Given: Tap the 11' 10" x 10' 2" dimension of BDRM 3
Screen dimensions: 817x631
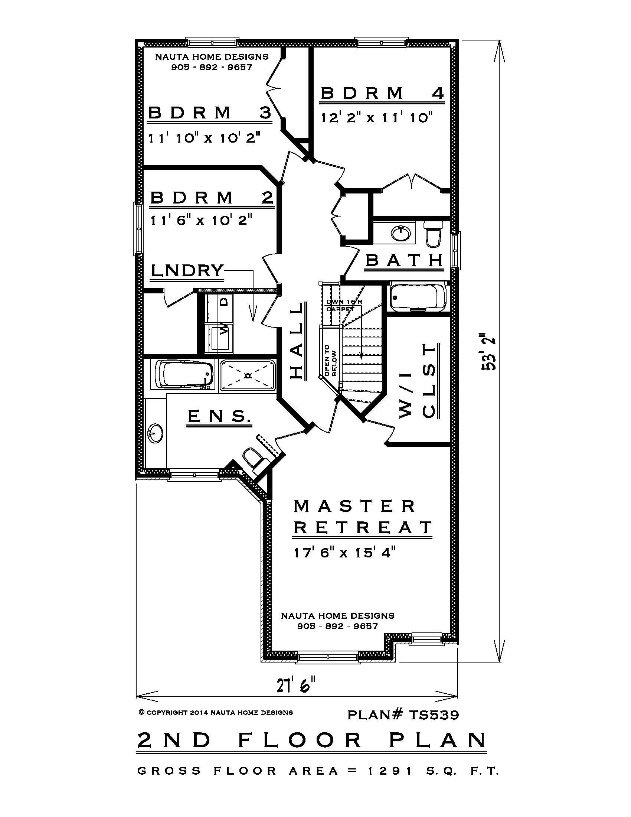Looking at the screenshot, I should pyautogui.click(x=204, y=138).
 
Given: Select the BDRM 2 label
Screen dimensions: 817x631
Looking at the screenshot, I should pyautogui.click(x=212, y=198).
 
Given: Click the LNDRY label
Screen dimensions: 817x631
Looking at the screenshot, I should pyautogui.click(x=187, y=270).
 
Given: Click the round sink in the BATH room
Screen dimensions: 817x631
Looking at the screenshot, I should pyautogui.click(x=400, y=234).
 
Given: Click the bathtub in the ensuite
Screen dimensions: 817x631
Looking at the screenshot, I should pyautogui.click(x=184, y=374).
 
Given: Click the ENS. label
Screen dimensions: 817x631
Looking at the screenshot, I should pyautogui.click(x=219, y=416).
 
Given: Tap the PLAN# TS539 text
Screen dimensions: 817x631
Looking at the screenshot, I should pyautogui.click(x=403, y=715).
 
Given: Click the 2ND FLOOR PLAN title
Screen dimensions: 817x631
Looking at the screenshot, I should pyautogui.click(x=312, y=739).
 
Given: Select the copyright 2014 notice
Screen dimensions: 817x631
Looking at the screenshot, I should pyautogui.click(x=216, y=713).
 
